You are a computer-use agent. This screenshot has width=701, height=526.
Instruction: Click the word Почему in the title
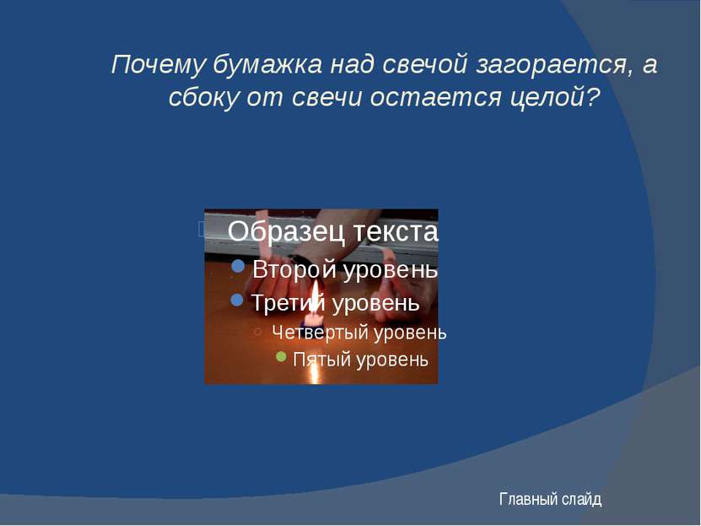pos(159,65)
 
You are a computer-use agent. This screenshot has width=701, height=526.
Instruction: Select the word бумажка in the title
pos(267,64)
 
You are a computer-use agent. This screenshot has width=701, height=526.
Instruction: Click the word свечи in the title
pos(326,96)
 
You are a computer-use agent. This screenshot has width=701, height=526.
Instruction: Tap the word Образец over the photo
pos(286,231)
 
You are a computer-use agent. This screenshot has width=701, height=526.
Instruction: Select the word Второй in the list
pos(294,269)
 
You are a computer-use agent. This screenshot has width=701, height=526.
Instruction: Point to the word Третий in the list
pos(288,303)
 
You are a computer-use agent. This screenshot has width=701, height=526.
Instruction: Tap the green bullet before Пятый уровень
pos(281,356)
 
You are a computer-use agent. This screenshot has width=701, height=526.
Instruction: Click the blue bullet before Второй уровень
pos(238,266)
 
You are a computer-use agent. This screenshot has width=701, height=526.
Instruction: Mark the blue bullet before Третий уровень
pos(236,300)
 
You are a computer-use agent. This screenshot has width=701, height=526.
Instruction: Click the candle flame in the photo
pos(315,297)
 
